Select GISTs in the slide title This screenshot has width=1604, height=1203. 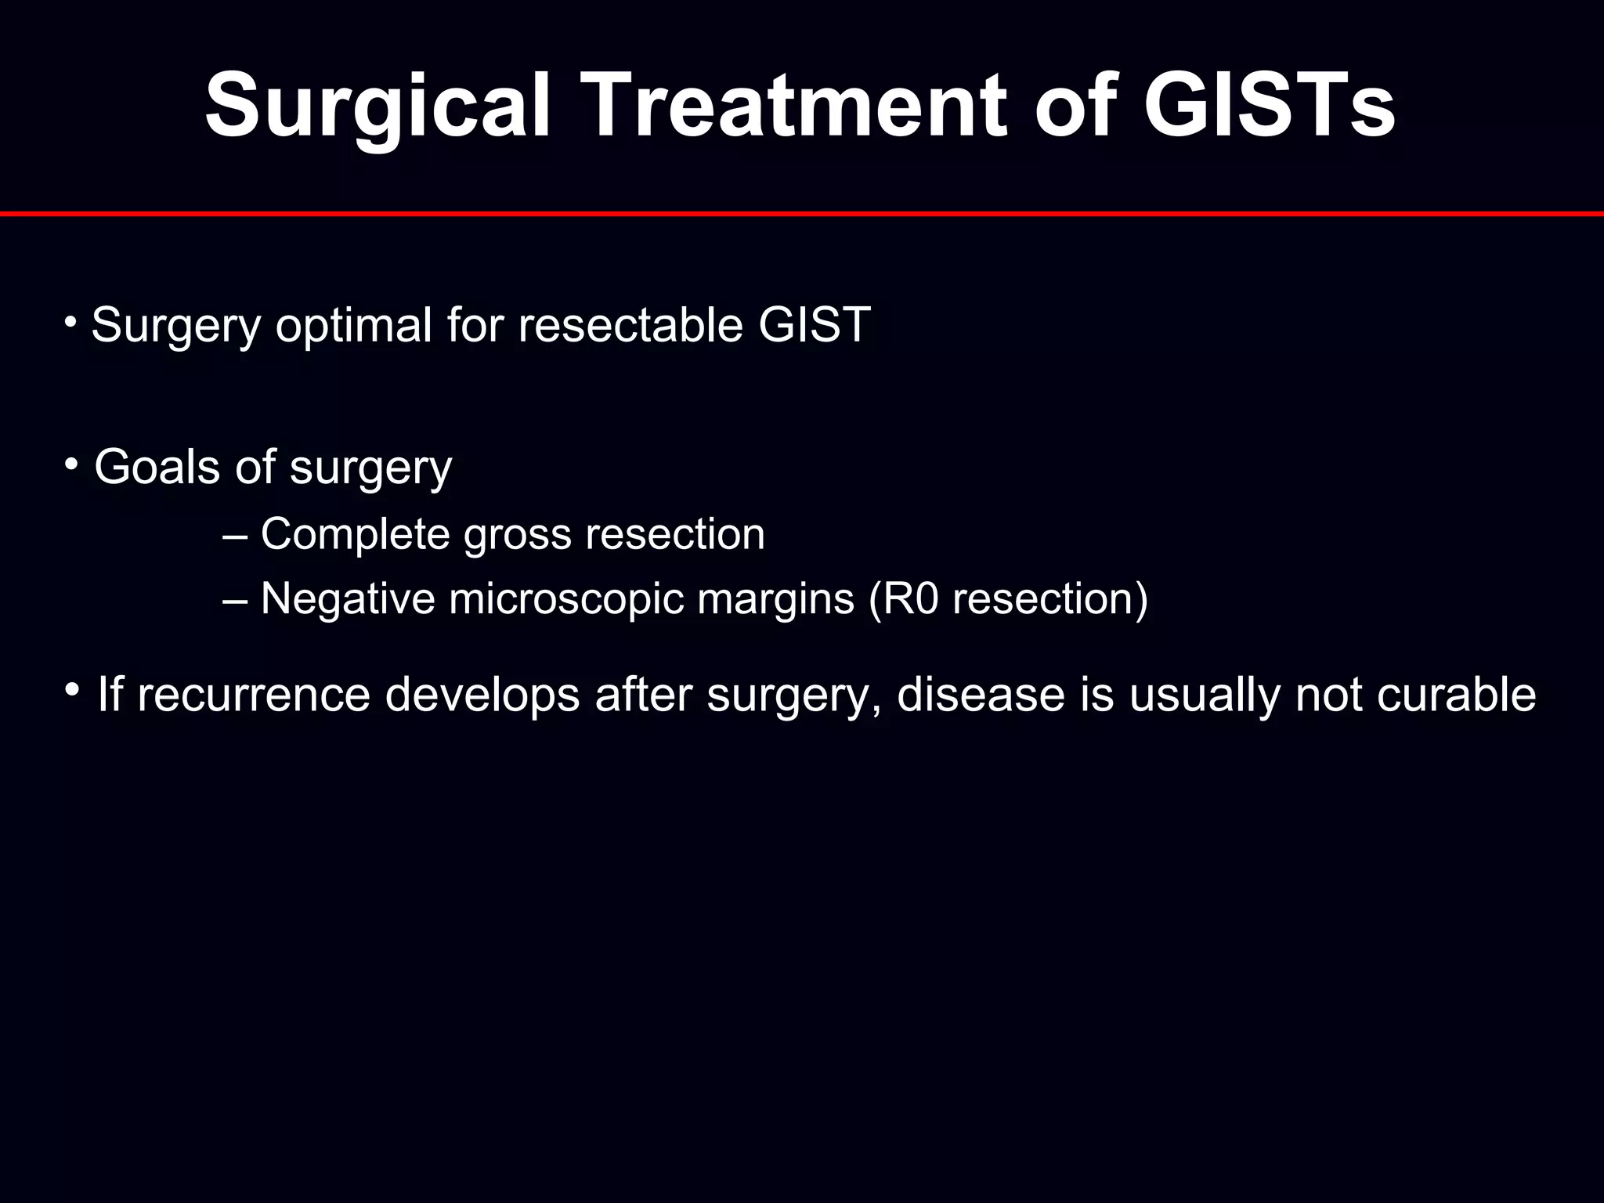click(1269, 106)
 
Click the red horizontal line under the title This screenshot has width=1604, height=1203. click(802, 213)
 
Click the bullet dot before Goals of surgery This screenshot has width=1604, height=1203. click(71, 464)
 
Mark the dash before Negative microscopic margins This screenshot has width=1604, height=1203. click(234, 599)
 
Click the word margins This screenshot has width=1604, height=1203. click(775, 599)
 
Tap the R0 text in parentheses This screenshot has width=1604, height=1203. click(907, 599)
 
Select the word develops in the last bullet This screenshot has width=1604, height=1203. click(482, 695)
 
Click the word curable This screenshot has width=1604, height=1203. click(1456, 695)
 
